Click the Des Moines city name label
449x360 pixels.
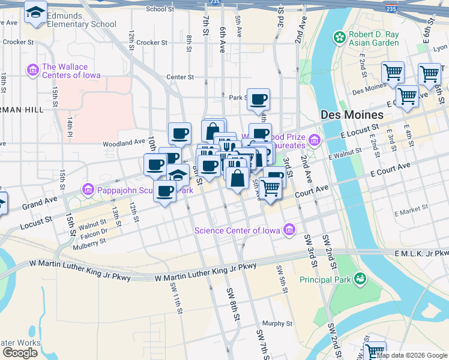tap(352, 115)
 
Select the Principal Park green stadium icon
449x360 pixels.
tap(360, 278)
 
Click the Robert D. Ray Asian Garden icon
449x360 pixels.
tap(340, 38)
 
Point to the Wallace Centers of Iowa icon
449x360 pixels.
tap(32, 71)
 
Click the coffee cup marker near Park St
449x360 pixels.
tap(259, 99)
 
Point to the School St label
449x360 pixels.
tap(160, 9)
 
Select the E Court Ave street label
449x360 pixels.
tap(390, 169)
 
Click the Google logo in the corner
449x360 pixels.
tap(20, 353)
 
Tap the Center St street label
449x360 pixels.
tap(180, 77)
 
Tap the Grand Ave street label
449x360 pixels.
tap(39, 202)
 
